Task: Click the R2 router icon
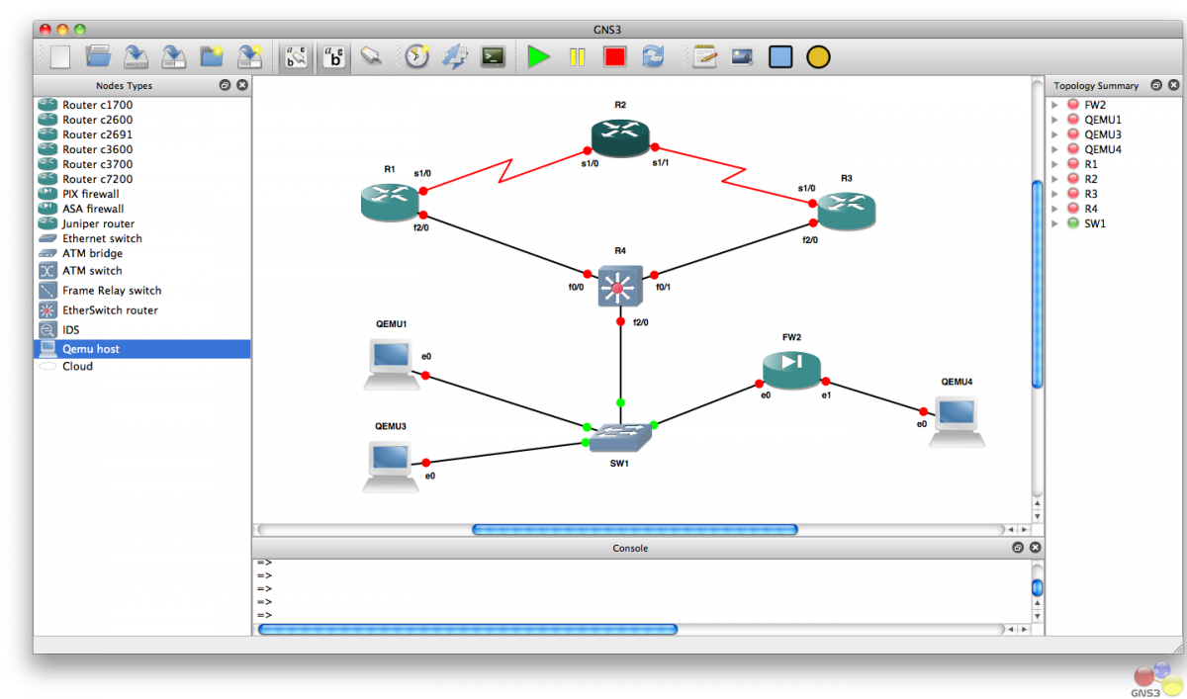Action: pos(620,137)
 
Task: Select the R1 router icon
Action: pos(390,202)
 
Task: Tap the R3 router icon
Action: pos(847,211)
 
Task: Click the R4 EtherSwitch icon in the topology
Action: pos(620,286)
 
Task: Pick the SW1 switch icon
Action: pos(620,437)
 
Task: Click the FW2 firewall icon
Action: pos(791,370)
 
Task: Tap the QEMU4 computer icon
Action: pos(958,422)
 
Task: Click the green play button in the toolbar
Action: pos(538,56)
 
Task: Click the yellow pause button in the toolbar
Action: pos(577,57)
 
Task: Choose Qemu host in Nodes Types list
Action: pos(91,349)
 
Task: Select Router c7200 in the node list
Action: pos(98,179)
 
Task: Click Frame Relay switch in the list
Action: pos(112,291)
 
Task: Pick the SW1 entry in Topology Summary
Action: pos(1095,223)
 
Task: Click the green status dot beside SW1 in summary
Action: pos(1073,222)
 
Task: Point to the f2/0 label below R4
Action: pos(641,322)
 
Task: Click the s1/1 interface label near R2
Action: pos(661,162)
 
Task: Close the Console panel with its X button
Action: pos(1035,547)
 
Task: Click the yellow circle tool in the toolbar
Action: pos(818,57)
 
